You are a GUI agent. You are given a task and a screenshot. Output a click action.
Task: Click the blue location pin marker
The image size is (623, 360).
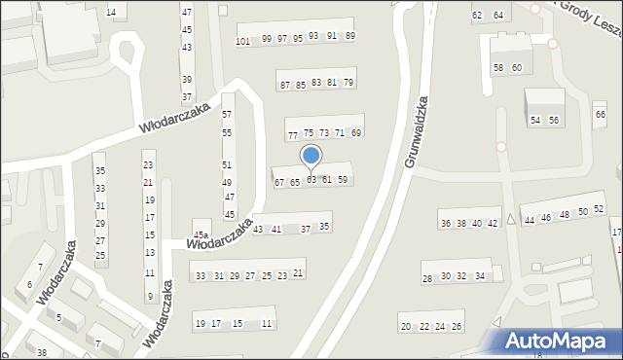pyautogui.click(x=311, y=157)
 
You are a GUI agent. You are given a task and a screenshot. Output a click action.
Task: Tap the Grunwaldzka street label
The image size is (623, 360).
pyautogui.click(x=416, y=131)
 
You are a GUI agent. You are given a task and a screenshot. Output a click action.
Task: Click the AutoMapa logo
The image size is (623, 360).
pyautogui.click(x=560, y=341)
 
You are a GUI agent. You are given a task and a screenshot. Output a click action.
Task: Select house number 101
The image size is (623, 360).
pyautogui.click(x=243, y=41)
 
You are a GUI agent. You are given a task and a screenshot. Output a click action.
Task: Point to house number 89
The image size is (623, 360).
pyautogui.click(x=350, y=36)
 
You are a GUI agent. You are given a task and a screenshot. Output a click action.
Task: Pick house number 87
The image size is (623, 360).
pyautogui.click(x=285, y=86)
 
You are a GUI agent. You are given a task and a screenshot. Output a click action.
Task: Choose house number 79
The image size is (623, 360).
pyautogui.click(x=348, y=83)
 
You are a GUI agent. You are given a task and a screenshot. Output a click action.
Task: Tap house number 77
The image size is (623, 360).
pyautogui.click(x=292, y=135)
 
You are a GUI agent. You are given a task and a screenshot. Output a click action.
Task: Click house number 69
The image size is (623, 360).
pyautogui.click(x=356, y=132)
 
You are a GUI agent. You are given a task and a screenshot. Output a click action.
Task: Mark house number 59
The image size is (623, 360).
pyautogui.click(x=343, y=179)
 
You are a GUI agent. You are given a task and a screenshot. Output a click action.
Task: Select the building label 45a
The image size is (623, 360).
pyautogui.click(x=201, y=235)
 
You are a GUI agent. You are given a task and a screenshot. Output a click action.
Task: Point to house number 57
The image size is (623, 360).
pyautogui.click(x=227, y=115)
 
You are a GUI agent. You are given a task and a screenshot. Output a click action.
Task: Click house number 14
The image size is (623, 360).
pyautogui.click(x=110, y=13)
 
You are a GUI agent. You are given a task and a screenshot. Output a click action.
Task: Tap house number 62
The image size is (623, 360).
pyautogui.click(x=477, y=16)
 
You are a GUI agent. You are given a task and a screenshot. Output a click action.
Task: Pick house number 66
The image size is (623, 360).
pyautogui.click(x=600, y=115)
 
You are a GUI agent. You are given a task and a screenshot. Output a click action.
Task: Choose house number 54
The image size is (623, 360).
pyautogui.click(x=535, y=120)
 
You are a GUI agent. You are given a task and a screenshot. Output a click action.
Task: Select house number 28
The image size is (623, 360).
pyautogui.click(x=426, y=279)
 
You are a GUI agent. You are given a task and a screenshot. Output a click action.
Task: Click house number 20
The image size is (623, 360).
pyautogui.click(x=405, y=327)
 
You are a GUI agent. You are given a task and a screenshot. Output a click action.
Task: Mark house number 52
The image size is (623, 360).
pyautogui.click(x=599, y=210)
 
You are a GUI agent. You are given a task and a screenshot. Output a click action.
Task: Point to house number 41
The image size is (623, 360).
pyautogui.click(x=276, y=230)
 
